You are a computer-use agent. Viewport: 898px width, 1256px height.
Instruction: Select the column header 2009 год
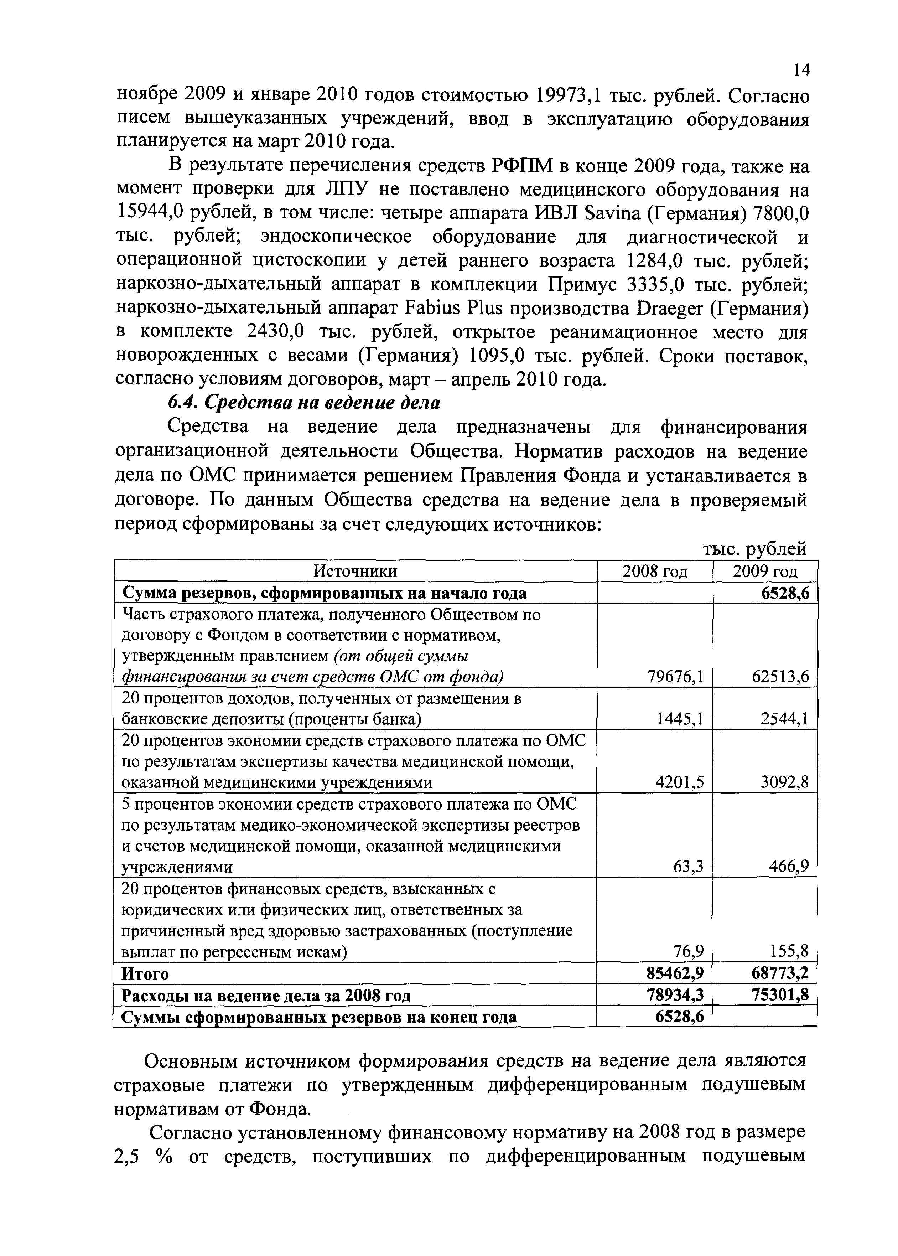point(765,571)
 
